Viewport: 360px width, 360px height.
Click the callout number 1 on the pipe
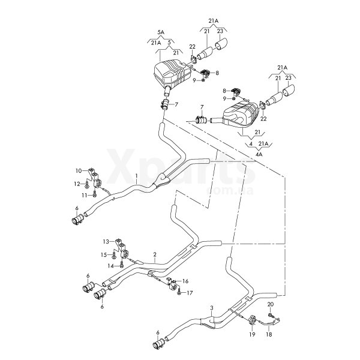coord(137,177)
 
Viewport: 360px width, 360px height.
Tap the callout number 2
coord(155,254)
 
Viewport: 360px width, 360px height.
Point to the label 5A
coord(160,31)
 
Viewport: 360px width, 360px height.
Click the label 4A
coord(260,155)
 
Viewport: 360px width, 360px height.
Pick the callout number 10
coord(79,171)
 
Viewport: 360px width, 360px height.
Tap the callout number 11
coord(85,195)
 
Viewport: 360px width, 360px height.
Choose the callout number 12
coord(77,184)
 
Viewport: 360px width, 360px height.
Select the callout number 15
coord(103,254)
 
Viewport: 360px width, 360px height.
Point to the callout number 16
coord(185,281)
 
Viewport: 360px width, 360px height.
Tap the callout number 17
coord(190,293)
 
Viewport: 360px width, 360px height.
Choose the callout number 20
coord(270,304)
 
